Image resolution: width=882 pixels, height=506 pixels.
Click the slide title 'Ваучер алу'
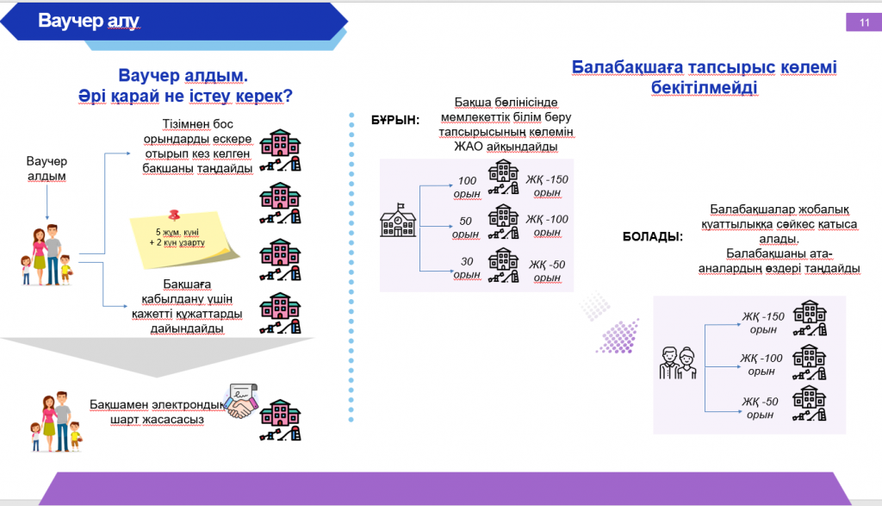tap(89, 20)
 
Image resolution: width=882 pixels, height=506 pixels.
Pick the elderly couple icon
tap(677, 362)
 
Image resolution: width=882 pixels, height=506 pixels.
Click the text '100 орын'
tap(467, 187)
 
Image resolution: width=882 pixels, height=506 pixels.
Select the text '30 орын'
tap(467, 268)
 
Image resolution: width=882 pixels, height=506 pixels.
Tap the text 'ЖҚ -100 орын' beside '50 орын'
tap(547, 226)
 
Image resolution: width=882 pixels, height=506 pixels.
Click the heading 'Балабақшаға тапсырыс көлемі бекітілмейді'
tap(705, 77)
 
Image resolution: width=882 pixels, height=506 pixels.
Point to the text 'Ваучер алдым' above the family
tap(47, 169)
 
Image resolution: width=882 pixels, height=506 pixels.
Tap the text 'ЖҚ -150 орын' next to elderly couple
tap(762, 323)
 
